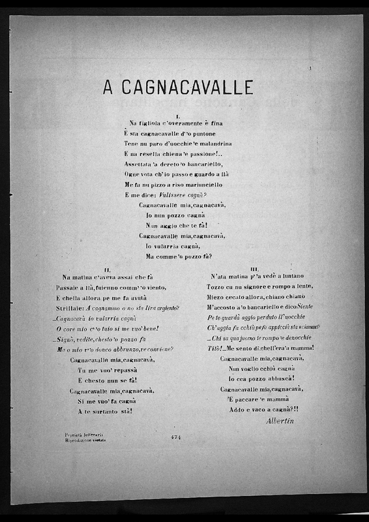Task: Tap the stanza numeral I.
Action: [177, 115]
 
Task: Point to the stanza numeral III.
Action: [254, 269]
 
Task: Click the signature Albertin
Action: [281, 421]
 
